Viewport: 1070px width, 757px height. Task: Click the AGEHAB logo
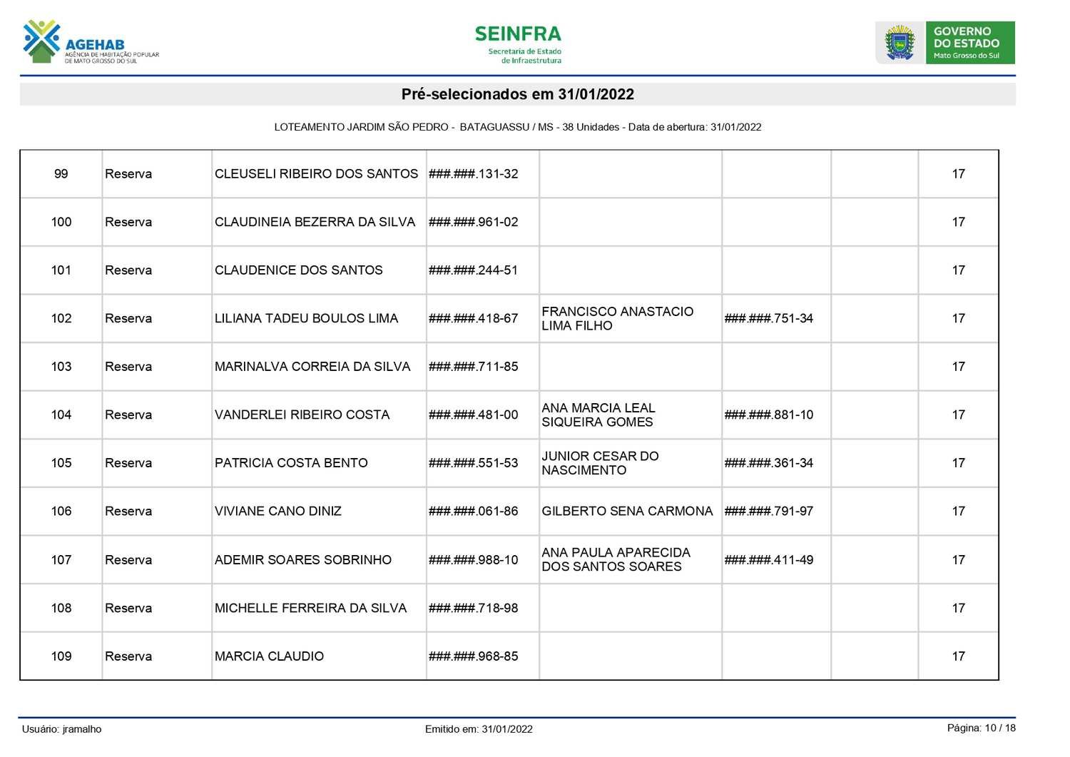click(x=91, y=43)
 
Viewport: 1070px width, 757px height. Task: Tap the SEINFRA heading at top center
click(x=518, y=34)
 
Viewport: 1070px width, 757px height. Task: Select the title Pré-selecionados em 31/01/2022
click(x=517, y=94)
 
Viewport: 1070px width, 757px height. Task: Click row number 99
click(x=61, y=174)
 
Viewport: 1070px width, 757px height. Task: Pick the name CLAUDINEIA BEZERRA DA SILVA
click(x=315, y=222)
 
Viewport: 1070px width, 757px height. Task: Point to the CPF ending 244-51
click(x=473, y=270)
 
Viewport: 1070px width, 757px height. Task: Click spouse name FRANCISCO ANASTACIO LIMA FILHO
click(x=617, y=318)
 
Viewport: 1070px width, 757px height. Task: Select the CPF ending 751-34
click(x=768, y=318)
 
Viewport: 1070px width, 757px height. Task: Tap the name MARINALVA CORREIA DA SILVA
click(x=312, y=367)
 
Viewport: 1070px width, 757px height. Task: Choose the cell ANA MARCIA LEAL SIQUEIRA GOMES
click(x=598, y=415)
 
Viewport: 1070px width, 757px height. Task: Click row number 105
click(x=61, y=463)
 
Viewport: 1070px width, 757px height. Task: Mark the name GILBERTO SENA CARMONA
click(x=627, y=511)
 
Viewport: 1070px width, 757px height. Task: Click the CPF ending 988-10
click(x=473, y=560)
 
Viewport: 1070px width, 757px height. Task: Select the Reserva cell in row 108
click(x=128, y=608)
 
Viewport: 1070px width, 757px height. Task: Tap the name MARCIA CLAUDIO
click(x=269, y=656)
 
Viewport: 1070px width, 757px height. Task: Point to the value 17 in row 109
click(x=958, y=656)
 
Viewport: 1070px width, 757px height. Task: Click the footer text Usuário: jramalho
click(x=62, y=729)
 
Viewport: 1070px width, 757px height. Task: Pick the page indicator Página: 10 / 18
click(x=981, y=728)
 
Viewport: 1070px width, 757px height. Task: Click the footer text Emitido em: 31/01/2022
click(x=479, y=729)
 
